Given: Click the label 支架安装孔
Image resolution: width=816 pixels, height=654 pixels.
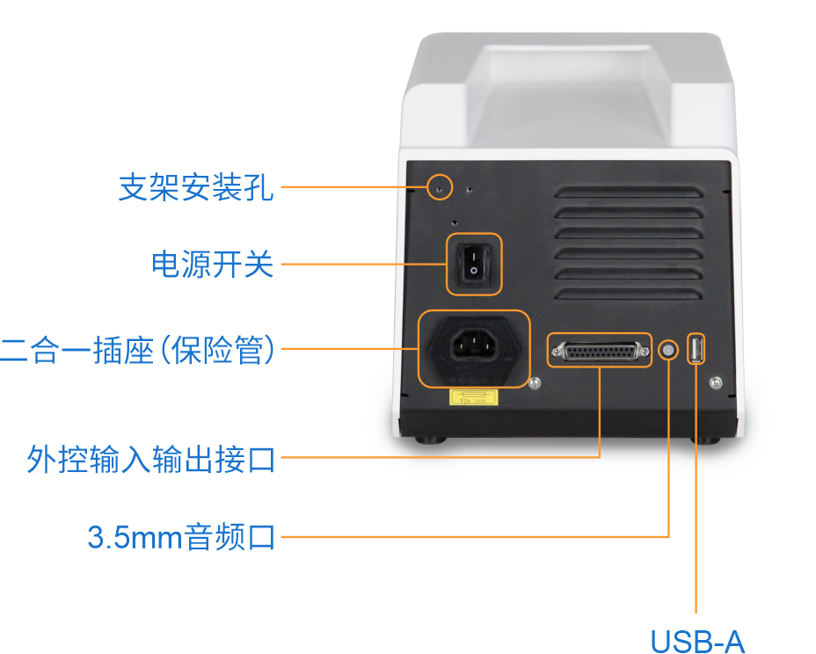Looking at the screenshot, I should click(196, 187).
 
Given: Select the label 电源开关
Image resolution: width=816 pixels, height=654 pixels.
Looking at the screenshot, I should click(213, 264).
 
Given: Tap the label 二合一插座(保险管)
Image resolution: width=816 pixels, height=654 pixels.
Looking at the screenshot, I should click(138, 349).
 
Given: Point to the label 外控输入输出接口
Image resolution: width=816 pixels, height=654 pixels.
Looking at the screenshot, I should click(150, 458).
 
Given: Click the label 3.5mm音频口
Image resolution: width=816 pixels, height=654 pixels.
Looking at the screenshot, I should click(181, 536).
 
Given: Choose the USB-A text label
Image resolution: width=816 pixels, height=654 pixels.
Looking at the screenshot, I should click(696, 641).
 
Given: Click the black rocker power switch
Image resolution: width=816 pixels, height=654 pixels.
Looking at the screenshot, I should click(474, 263).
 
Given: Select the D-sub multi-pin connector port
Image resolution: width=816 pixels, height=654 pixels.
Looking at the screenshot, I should click(599, 350).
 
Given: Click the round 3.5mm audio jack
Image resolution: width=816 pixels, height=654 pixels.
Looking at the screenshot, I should click(669, 350).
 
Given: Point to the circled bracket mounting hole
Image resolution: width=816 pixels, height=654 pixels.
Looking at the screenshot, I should click(440, 187).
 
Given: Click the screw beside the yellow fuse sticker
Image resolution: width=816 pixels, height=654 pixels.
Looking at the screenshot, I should click(534, 383).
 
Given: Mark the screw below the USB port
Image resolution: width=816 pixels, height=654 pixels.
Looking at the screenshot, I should click(714, 381).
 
